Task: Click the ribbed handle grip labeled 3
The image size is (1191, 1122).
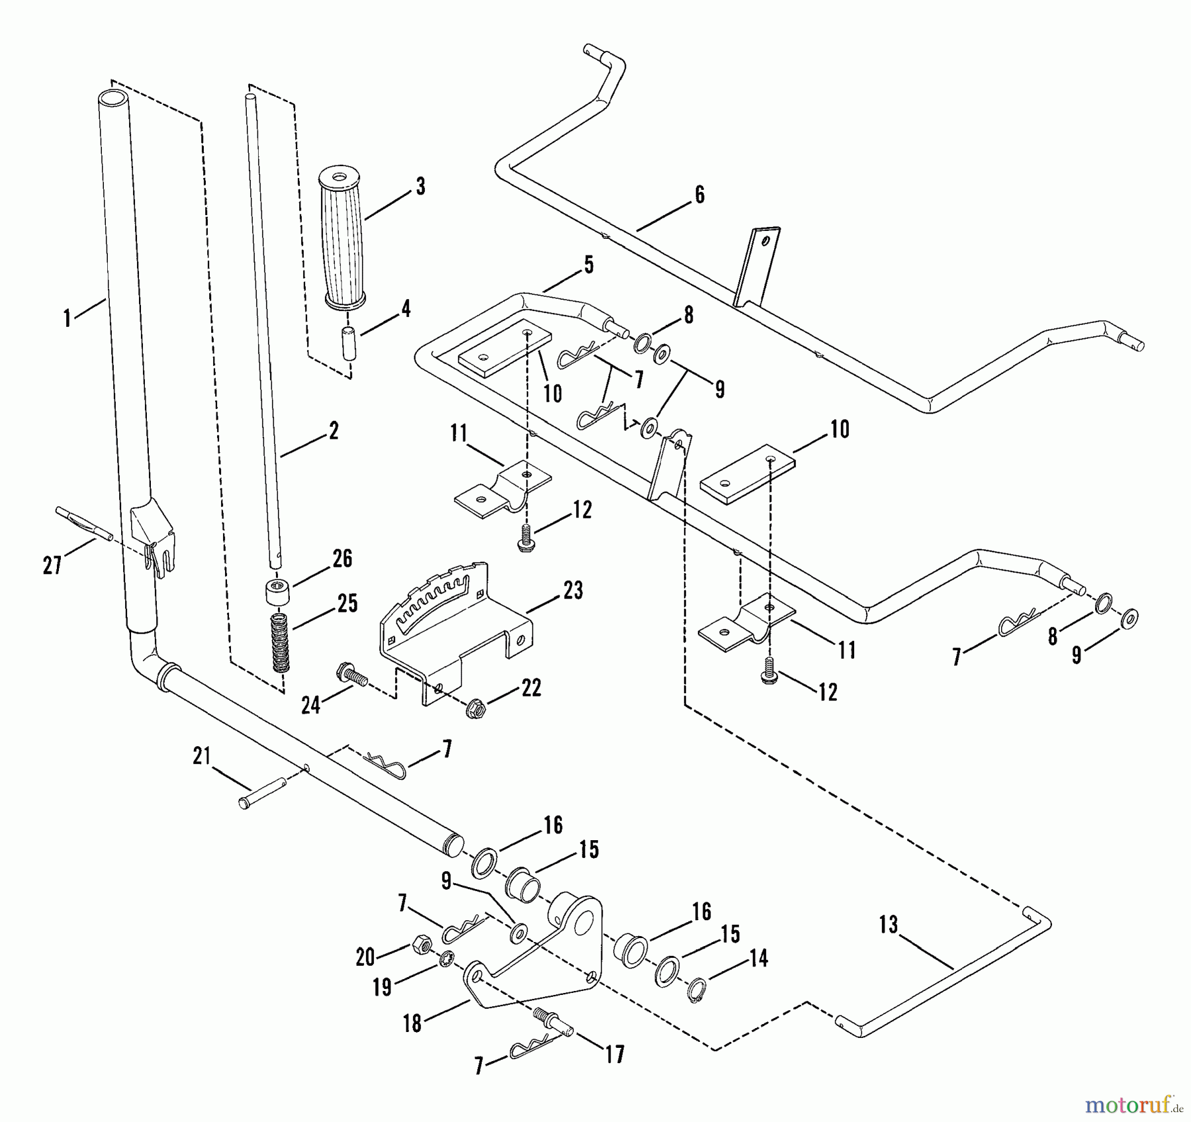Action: coord(341,238)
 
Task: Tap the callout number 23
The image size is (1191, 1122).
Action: coord(572,590)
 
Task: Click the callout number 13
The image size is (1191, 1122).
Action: coord(888,924)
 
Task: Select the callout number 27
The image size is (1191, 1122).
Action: coord(52,565)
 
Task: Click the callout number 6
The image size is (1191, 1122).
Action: coord(699,194)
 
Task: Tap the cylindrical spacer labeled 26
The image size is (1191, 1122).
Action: coord(279,590)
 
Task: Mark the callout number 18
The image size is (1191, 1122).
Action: coord(412,1023)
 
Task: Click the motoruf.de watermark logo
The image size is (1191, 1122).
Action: coord(1133,1101)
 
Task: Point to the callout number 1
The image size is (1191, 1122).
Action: coord(66,318)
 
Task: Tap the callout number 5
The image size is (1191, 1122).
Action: coord(588,265)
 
